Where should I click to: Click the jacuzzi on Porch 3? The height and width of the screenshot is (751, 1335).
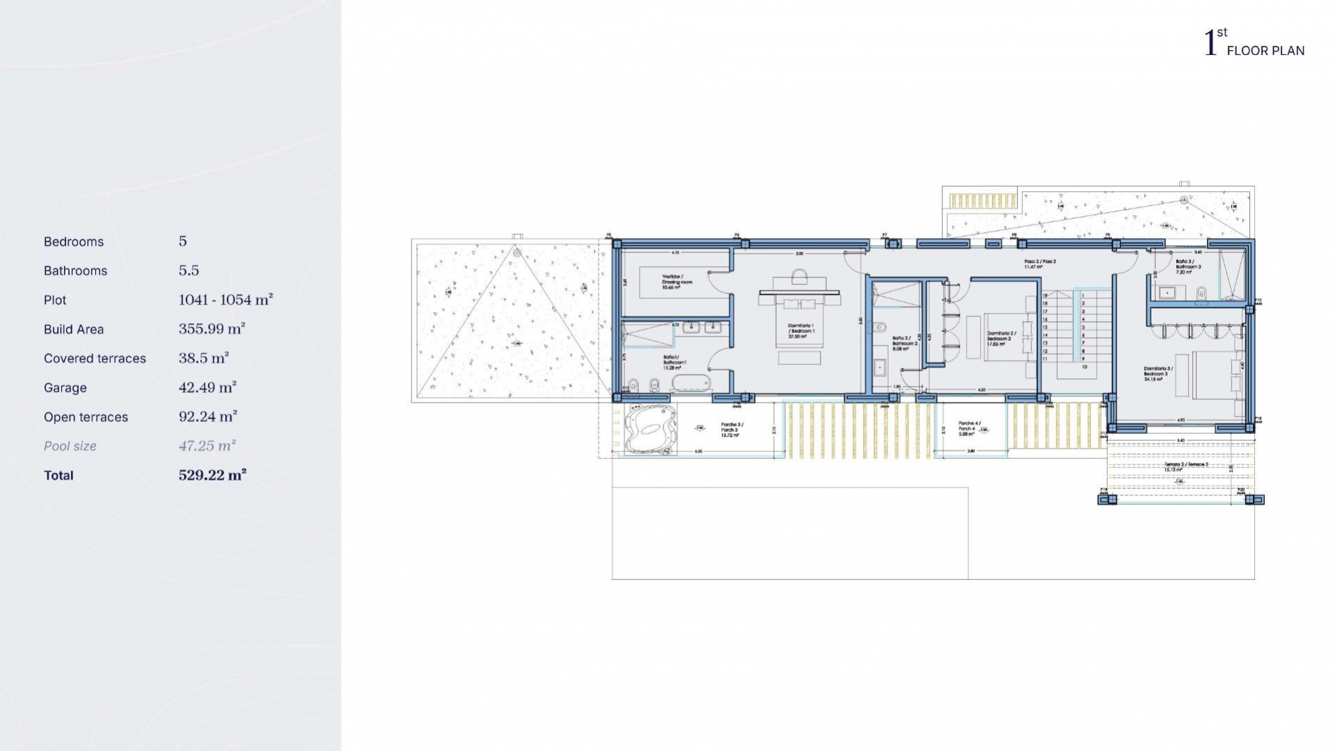point(650,429)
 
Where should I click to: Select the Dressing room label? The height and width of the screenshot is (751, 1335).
point(673,282)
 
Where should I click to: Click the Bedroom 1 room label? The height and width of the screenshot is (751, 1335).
point(801,331)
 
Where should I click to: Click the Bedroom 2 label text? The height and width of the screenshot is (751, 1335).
point(1001,339)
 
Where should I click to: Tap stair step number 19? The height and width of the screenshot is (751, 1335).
point(1045,296)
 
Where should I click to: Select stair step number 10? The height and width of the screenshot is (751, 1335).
point(1084,366)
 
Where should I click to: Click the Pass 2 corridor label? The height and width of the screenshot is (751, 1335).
point(1040,264)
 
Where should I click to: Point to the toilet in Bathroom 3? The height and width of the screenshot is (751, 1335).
point(1201,293)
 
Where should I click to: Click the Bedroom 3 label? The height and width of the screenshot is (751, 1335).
point(1158,374)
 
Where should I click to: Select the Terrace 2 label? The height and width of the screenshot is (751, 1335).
point(1186,467)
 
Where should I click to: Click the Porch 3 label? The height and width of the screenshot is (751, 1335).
point(731,430)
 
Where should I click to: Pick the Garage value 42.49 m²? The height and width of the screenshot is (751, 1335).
point(207,387)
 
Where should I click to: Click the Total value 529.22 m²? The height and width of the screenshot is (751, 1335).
point(212,475)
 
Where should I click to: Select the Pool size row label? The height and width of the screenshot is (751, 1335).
point(70,446)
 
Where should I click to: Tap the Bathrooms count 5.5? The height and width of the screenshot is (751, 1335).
point(189,270)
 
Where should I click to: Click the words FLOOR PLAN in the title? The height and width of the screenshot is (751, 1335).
point(1265,51)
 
